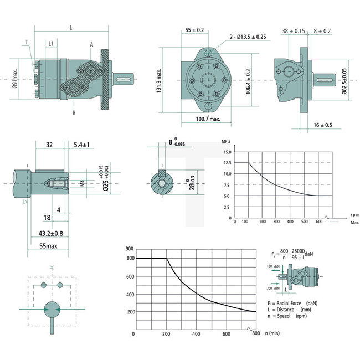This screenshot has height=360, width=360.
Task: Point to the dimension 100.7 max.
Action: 208,119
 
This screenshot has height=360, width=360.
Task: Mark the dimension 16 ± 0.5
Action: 323,125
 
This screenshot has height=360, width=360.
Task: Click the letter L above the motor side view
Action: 71,27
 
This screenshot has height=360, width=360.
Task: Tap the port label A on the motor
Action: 90,44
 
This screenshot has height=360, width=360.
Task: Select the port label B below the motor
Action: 74,113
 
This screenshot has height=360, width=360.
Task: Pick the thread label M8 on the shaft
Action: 82,183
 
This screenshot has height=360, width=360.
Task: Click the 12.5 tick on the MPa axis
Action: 227,162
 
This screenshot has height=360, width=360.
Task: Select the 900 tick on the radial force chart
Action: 130,249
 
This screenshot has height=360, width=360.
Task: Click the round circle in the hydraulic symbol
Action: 52,309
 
